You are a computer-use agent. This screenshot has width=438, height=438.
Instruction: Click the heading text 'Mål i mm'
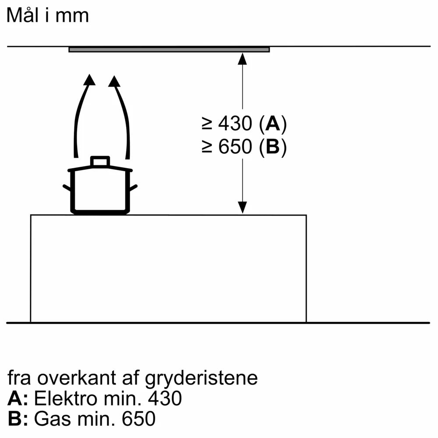pos(48,15)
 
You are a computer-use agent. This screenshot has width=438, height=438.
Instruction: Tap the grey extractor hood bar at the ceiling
pos(169,49)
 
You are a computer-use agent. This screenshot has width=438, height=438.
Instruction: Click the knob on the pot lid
pos(100,161)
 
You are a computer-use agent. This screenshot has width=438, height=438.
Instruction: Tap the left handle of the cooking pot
pos(67,188)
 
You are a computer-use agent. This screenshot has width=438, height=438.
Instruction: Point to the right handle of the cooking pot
pos(134,188)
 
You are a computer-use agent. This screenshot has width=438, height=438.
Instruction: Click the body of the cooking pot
pos(100,191)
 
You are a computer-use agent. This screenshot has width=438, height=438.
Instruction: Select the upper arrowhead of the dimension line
pos(242,59)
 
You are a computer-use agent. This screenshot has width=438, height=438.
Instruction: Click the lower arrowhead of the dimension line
pos(242,208)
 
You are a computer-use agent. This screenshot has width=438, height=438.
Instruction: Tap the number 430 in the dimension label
pos(235,125)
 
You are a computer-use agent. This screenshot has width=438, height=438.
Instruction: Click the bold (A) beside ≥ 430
pos(272,125)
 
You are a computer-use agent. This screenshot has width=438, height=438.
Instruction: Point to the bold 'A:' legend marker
pos(18,399)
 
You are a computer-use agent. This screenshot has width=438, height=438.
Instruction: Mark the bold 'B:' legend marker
pos(18,419)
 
